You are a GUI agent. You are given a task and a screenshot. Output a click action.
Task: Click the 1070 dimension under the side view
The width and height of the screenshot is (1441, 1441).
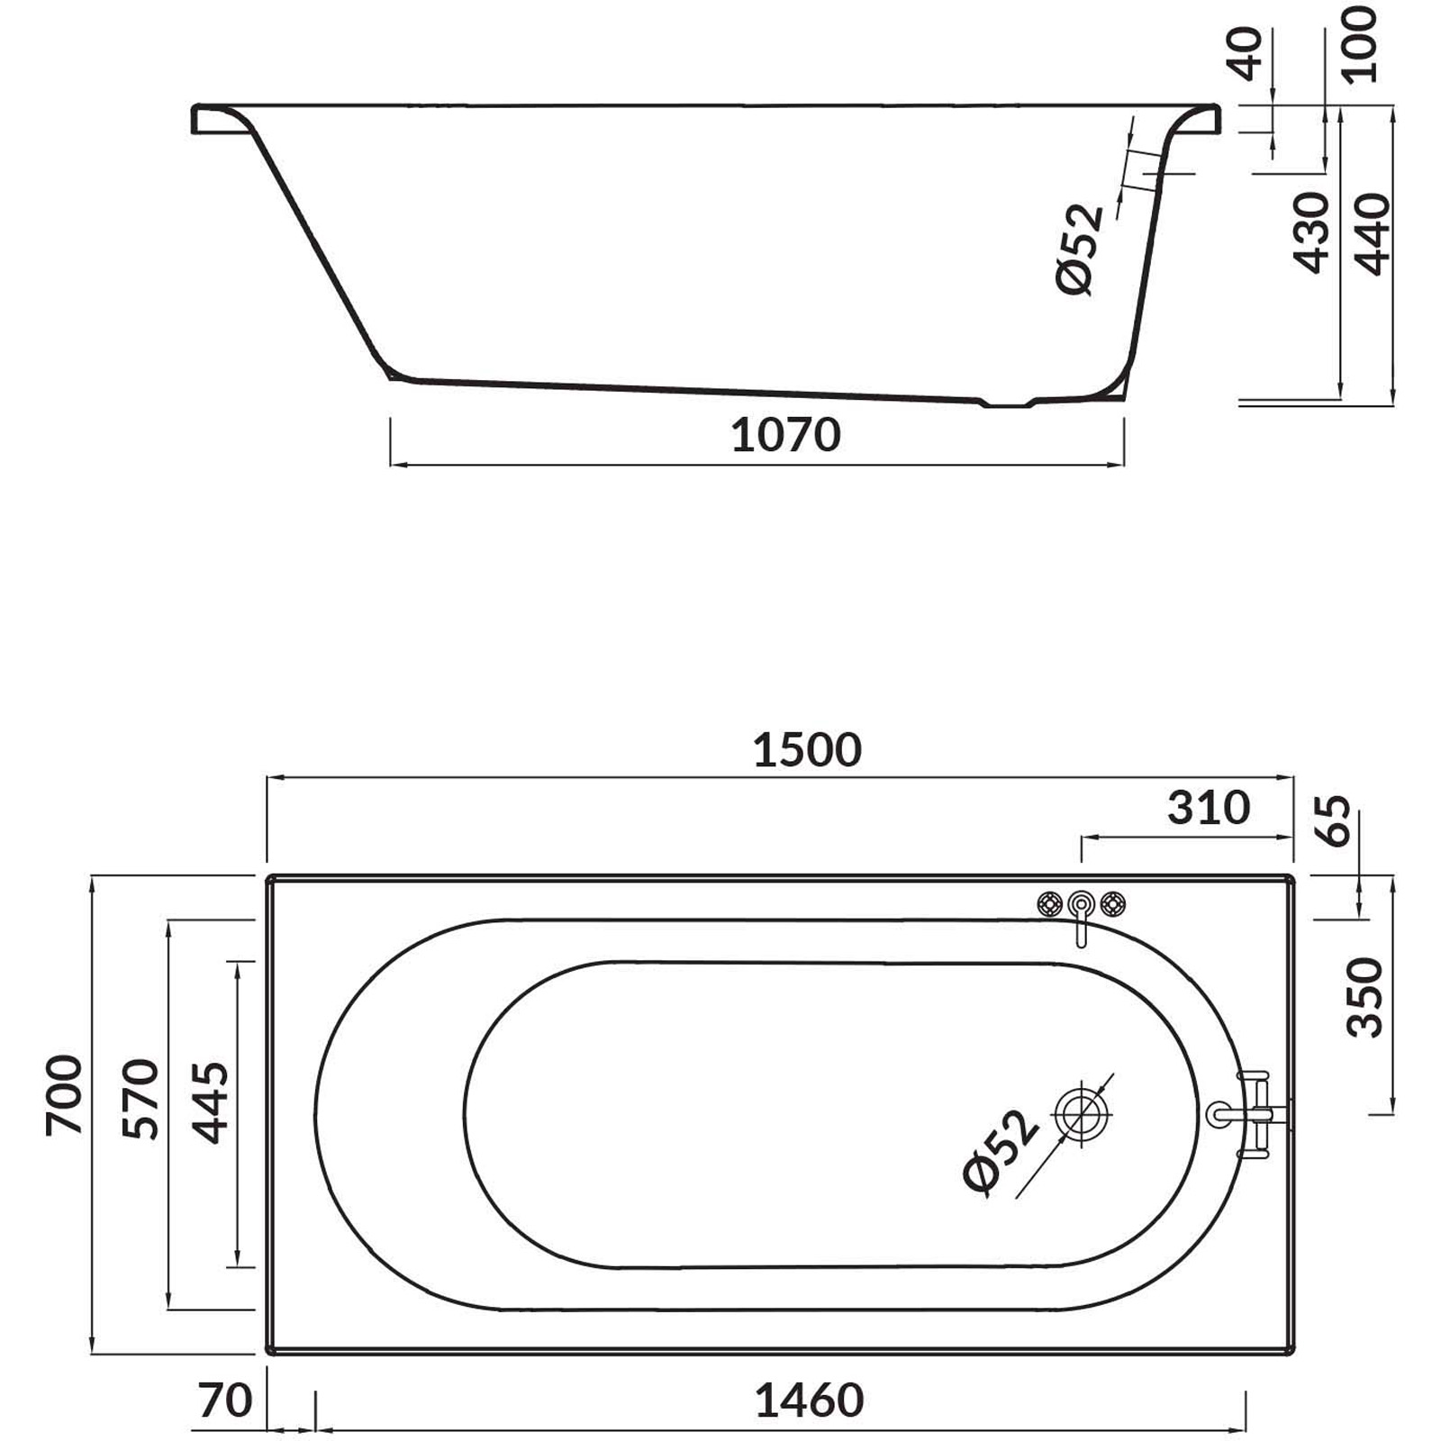pos(785,435)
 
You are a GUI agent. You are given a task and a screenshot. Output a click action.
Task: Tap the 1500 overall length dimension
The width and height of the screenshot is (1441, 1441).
pos(807,750)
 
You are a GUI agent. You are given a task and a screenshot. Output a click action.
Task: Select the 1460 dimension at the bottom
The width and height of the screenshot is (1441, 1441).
pos(809,1400)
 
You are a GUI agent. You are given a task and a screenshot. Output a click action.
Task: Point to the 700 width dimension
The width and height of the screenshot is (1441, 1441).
pos(65,1094)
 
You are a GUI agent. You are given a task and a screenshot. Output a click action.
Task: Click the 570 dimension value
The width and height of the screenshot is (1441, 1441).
pos(141,1099)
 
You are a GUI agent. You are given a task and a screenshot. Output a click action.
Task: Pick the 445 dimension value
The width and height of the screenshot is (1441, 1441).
pos(212,1102)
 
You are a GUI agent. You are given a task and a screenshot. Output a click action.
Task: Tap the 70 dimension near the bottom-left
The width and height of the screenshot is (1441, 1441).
pos(225,1400)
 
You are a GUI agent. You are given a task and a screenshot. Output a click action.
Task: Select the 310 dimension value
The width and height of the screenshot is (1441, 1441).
pos(1209,808)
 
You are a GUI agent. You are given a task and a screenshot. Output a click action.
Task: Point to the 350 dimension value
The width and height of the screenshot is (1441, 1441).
pos(1364,997)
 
